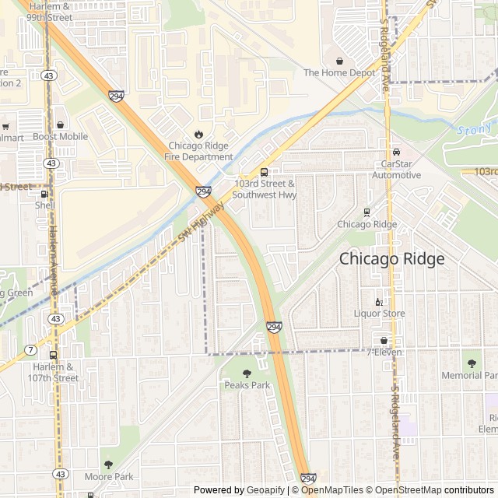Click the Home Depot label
(339, 73)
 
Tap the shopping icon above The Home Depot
(339, 61)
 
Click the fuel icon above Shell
(44, 195)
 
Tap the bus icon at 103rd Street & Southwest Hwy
(264, 173)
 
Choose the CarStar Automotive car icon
(396, 153)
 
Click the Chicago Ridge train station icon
(366, 212)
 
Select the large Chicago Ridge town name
(391, 259)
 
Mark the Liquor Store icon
(380, 302)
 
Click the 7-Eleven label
(384, 352)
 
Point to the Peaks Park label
(247, 385)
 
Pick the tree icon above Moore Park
(108, 465)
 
